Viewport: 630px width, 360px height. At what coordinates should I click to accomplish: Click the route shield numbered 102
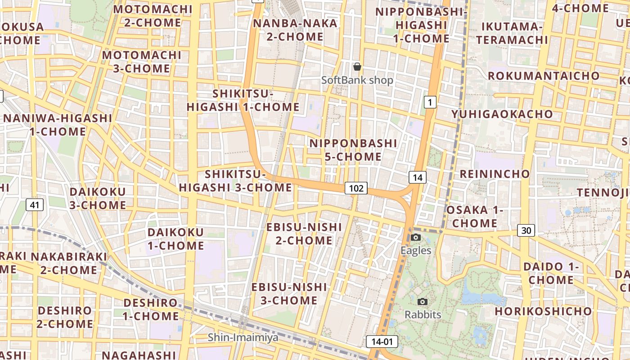click(x=356, y=188)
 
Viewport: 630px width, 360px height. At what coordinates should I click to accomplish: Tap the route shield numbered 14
click(x=418, y=177)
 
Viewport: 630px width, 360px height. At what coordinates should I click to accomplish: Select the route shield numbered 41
click(x=35, y=205)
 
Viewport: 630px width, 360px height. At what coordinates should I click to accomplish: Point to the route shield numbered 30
click(x=526, y=230)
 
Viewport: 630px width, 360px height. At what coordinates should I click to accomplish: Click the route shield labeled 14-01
click(x=382, y=342)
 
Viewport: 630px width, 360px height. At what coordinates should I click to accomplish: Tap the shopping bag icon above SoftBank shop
click(x=357, y=67)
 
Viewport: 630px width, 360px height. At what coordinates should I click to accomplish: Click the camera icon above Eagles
click(x=416, y=237)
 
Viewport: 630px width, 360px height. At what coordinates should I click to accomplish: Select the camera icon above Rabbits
click(x=422, y=301)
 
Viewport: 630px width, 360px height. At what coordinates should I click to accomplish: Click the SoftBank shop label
click(x=357, y=80)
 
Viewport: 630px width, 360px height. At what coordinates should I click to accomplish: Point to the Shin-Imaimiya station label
click(x=243, y=337)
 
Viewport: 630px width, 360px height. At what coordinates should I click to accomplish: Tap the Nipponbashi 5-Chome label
click(x=354, y=150)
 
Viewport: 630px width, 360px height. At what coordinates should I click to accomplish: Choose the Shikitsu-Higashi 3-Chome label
click(x=236, y=181)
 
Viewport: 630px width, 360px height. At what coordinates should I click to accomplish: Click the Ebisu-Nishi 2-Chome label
click(x=304, y=234)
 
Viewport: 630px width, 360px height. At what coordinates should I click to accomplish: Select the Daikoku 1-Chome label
click(x=176, y=239)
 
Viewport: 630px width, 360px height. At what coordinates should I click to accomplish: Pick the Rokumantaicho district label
click(x=544, y=76)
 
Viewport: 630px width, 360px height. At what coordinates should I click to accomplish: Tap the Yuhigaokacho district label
click(x=502, y=114)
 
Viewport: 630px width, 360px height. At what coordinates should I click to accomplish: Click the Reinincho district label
click(x=495, y=174)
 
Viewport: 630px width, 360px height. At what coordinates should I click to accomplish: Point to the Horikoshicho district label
click(x=544, y=311)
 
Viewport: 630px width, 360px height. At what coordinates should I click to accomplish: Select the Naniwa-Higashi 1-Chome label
click(x=58, y=125)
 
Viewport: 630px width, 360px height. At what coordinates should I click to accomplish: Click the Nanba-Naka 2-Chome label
click(x=295, y=30)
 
